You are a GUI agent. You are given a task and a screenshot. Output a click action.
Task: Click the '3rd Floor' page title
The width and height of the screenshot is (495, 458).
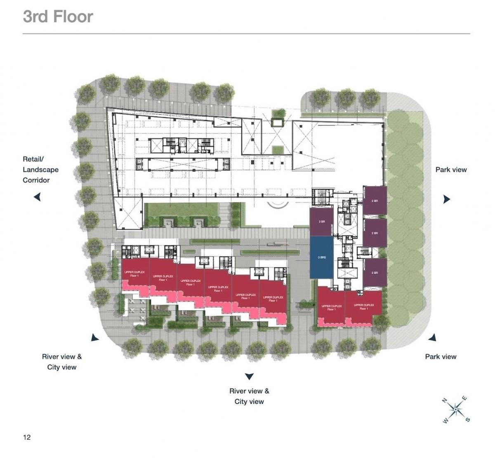click(x=58, y=17)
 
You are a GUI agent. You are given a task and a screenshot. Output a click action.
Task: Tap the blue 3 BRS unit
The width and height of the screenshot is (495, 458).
click(x=321, y=257)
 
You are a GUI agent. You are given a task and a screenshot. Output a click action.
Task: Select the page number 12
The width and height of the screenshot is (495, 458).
click(x=27, y=437)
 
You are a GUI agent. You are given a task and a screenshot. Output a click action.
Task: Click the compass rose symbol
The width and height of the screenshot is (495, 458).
click(x=455, y=409)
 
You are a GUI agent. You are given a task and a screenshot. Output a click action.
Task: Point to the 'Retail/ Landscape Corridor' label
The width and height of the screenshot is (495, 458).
click(x=40, y=170)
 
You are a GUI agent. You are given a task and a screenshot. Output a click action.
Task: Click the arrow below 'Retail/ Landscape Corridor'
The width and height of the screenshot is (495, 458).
click(x=37, y=197)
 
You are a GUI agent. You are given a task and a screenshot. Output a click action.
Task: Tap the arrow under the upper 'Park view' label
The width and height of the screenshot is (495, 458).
click(x=446, y=199)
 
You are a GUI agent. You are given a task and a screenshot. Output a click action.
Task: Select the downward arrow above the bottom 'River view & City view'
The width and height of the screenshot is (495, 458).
click(x=249, y=376)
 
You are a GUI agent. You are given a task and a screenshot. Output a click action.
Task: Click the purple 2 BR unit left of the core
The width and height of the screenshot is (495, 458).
click(x=321, y=222)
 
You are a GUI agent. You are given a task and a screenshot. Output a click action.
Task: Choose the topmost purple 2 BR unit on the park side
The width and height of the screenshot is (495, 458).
click(x=375, y=201)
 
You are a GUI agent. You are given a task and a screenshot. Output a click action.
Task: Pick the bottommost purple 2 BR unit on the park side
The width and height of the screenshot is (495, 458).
click(x=375, y=273)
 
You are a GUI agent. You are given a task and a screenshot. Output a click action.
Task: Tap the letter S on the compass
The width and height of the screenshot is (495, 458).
click(x=467, y=420)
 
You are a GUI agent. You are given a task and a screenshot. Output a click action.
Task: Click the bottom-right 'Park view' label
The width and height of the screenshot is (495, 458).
click(x=441, y=356)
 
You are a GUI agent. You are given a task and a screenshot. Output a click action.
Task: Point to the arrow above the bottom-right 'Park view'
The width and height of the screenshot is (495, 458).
click(x=432, y=338)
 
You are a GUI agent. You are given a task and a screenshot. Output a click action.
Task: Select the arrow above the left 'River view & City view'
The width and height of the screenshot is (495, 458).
click(x=95, y=338)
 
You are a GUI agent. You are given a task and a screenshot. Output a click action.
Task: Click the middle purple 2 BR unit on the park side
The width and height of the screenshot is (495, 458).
click(x=375, y=233)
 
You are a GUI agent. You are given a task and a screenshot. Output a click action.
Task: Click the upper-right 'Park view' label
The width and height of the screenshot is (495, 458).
click(x=451, y=170)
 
